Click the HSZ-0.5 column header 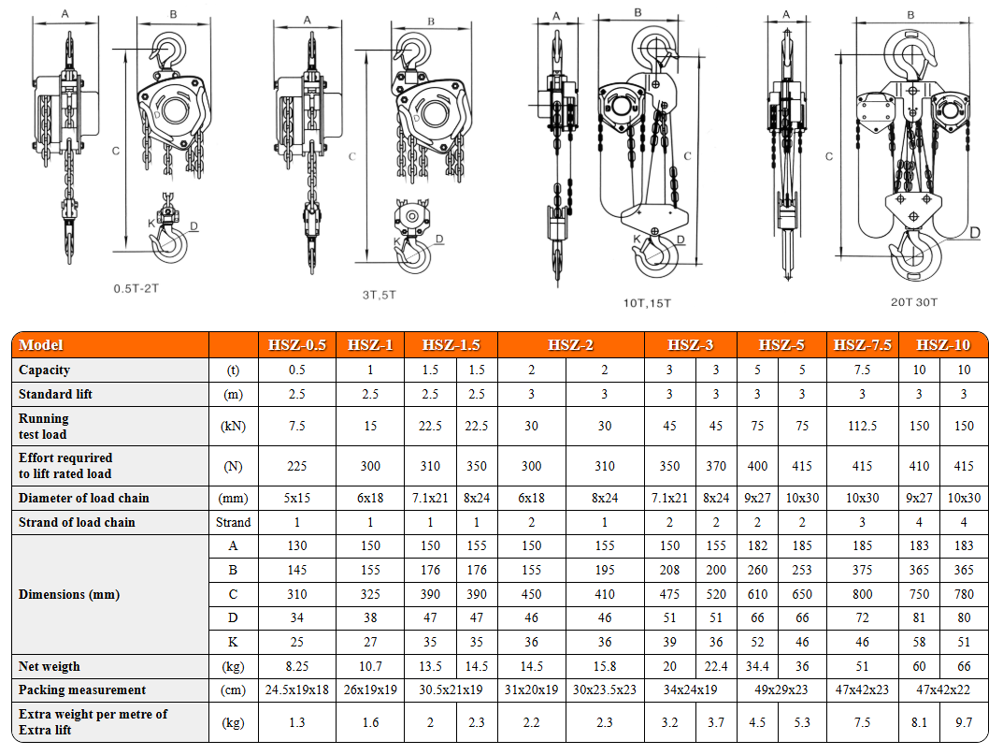pos(297,345)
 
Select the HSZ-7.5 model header pos(862,345)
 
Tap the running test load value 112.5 pos(862,426)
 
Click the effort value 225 pos(297,466)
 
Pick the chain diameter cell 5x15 pos(297,498)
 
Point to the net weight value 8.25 pos(297,666)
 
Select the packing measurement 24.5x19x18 pos(297,690)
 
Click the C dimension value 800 pos(862,594)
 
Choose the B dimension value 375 pos(862,570)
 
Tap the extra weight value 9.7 pos(964,722)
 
